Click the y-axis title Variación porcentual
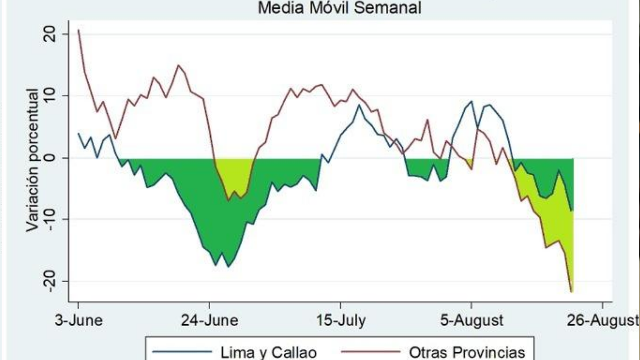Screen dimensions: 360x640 (33, 160)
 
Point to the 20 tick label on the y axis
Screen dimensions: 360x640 (49, 35)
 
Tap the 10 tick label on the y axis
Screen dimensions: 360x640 (49, 96)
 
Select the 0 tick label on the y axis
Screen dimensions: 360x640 (49, 157)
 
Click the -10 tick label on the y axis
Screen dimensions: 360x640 (49, 219)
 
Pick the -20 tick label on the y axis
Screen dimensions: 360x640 (49, 281)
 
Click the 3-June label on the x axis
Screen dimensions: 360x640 (79, 321)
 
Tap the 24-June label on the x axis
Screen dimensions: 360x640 (209, 321)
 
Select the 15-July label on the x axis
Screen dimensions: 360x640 (341, 321)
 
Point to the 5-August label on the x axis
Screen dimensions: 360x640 (472, 321)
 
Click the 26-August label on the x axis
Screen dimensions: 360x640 (602, 321)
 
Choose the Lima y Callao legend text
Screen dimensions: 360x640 (269, 352)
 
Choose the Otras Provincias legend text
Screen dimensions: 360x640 (467, 352)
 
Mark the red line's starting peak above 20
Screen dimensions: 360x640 (78, 30)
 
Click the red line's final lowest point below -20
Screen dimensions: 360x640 (571, 292)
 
